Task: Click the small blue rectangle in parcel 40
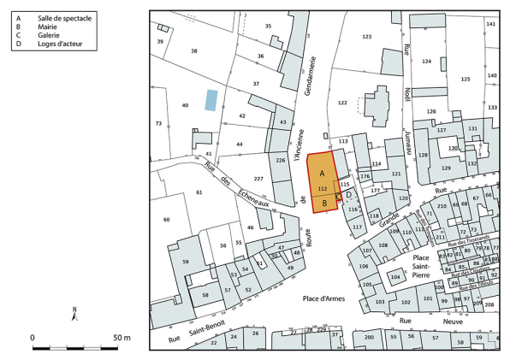pos(211,100)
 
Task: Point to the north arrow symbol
pos(75,315)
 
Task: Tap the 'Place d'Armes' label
pos(323,298)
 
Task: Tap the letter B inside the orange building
pos(323,203)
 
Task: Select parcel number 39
pos(159,42)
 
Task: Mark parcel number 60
pos(167,220)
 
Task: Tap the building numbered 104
pos(394,278)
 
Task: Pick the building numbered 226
pos(280,160)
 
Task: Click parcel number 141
pos(490,24)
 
